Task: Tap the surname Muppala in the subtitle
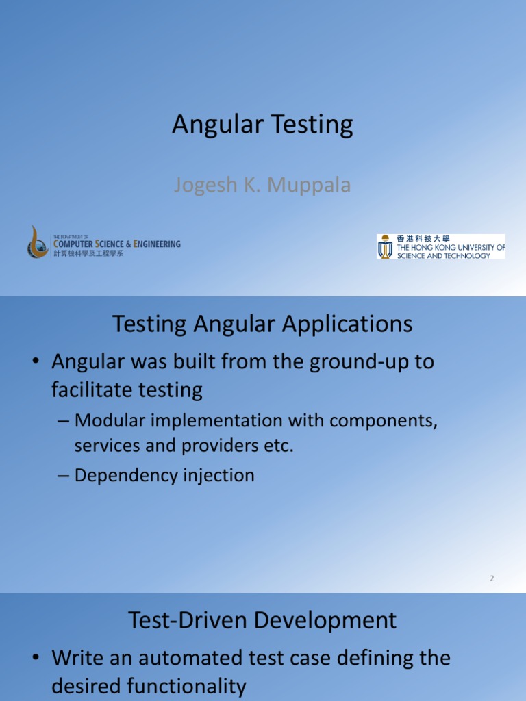309,186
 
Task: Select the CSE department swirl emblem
38,242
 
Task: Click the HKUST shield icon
385,246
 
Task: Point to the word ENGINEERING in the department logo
157,244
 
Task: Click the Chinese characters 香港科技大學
423,239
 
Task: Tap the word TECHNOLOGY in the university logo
467,256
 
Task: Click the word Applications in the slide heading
347,324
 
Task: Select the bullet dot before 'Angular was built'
36,361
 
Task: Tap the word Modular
110,421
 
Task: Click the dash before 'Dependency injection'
63,476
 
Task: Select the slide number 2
492,578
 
